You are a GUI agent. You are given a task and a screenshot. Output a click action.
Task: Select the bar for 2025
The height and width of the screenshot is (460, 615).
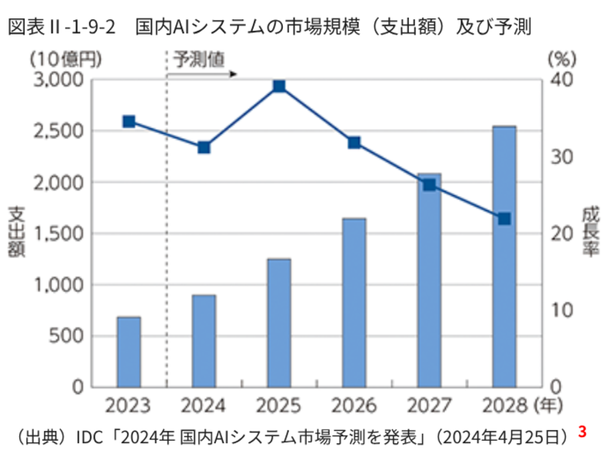tap(279, 323)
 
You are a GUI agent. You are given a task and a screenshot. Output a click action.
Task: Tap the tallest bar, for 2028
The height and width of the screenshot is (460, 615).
tap(504, 256)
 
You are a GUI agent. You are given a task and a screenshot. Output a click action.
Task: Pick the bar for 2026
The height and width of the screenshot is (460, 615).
tap(354, 303)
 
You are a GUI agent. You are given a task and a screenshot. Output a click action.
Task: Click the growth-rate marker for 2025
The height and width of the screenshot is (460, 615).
tap(279, 86)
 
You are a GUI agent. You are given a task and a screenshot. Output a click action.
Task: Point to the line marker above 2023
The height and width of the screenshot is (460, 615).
tap(128, 121)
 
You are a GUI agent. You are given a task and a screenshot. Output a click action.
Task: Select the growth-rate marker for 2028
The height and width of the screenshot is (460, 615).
tap(504, 219)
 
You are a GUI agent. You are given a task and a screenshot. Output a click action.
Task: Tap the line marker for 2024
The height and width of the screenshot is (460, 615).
tap(204, 147)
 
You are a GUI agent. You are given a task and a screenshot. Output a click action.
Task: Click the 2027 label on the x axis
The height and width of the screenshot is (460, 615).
tap(429, 405)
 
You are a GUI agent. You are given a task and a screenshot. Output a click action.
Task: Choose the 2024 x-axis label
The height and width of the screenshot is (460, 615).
tap(204, 405)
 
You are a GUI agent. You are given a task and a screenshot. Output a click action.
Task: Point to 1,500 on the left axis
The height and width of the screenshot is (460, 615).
tap(58, 234)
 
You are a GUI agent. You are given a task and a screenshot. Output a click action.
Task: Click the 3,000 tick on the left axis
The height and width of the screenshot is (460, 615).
tap(58, 80)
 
